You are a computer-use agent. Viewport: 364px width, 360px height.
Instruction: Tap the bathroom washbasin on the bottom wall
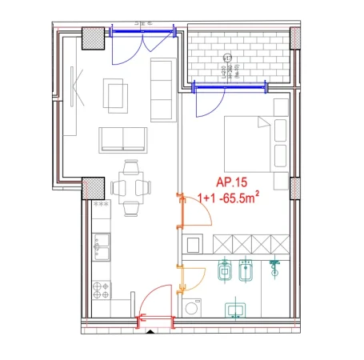coord(235,309)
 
